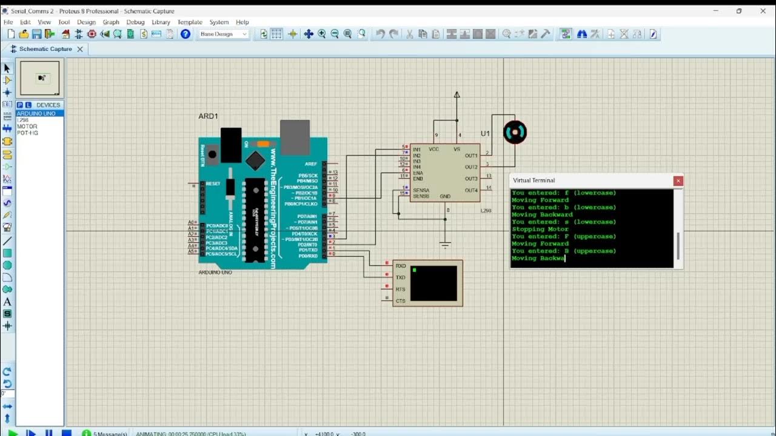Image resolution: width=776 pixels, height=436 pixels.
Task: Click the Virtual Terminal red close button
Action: pyautogui.click(x=678, y=180)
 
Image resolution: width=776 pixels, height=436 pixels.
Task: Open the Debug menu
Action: pyautogui.click(x=135, y=22)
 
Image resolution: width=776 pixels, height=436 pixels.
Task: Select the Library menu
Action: pyautogui.click(x=161, y=22)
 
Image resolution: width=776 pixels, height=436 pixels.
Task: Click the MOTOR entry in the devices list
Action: pyautogui.click(x=27, y=127)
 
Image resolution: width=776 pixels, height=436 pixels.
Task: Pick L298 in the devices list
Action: pyautogui.click(x=23, y=120)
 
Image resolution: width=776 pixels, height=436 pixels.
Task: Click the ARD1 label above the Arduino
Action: pyautogui.click(x=208, y=116)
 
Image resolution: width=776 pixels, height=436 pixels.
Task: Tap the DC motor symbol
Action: pyautogui.click(x=515, y=133)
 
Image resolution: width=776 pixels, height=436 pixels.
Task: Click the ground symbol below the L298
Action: pyautogui.click(x=445, y=245)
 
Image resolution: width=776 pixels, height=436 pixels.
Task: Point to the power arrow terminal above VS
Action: pyautogui.click(x=457, y=94)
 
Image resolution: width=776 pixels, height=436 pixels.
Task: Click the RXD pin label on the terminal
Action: pyautogui.click(x=401, y=266)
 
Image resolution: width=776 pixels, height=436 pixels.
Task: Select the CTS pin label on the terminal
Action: pyautogui.click(x=401, y=301)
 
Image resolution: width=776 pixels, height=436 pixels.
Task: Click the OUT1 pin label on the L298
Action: pyautogui.click(x=471, y=156)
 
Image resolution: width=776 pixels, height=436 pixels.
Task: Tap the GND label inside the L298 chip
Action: pyautogui.click(x=445, y=196)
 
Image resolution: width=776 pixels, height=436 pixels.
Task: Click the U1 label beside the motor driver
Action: pyautogui.click(x=485, y=134)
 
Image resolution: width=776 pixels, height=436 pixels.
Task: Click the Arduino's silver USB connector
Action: pyautogui.click(x=295, y=137)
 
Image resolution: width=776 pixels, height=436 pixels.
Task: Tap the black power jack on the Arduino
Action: pyautogui.click(x=231, y=145)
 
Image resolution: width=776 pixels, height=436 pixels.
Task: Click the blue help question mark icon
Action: pyautogui.click(x=186, y=35)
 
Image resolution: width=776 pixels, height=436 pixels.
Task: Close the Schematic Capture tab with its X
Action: pyautogui.click(x=79, y=49)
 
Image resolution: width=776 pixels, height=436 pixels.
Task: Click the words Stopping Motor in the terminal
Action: pyautogui.click(x=540, y=229)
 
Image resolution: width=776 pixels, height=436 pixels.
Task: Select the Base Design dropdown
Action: pyautogui.click(x=224, y=35)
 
